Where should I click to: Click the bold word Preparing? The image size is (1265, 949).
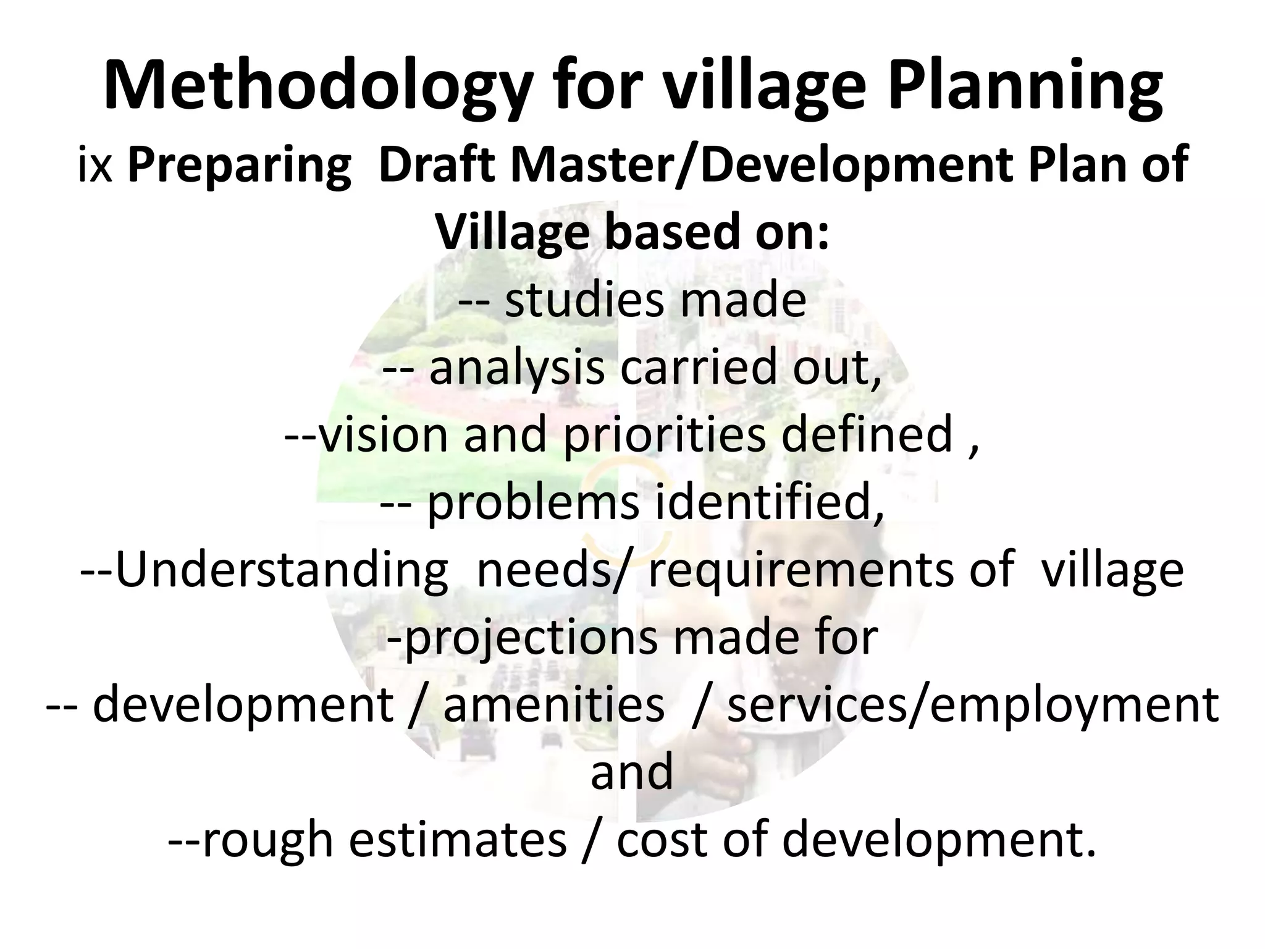coord(239,167)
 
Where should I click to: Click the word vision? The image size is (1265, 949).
coord(384,434)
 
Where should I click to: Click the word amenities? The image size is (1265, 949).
coord(553,705)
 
